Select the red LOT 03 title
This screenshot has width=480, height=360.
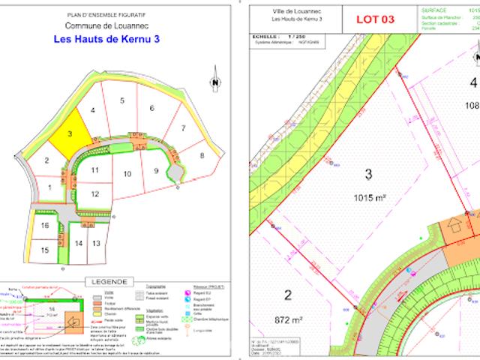(374, 20)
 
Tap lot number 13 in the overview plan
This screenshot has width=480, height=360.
(96, 244)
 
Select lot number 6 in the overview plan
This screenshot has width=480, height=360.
(151, 109)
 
